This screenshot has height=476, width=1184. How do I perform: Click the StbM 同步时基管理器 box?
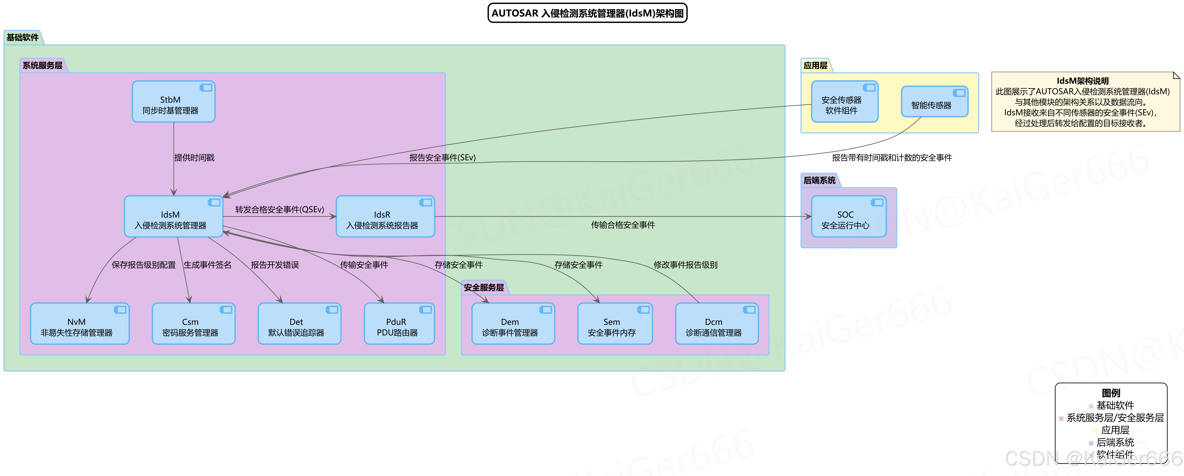click(x=173, y=102)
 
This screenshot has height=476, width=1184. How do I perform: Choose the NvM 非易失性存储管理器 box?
click(x=79, y=324)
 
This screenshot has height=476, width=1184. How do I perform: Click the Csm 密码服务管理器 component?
click(x=193, y=324)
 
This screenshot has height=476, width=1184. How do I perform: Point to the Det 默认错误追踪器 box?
click(x=299, y=324)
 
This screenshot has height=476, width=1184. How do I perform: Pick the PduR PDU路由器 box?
click(x=399, y=324)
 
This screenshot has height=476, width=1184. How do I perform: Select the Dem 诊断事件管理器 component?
click(x=513, y=324)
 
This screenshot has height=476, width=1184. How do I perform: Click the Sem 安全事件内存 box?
click(x=615, y=324)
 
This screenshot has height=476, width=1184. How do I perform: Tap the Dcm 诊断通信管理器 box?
click(x=717, y=324)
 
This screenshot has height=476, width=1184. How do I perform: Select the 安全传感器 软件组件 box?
click(x=844, y=102)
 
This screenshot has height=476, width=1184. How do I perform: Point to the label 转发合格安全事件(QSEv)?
click(x=280, y=210)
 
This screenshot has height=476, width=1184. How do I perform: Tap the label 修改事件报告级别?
click(x=685, y=265)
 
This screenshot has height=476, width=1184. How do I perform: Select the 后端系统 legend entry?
click(x=1115, y=443)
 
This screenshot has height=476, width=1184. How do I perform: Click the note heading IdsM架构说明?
click(x=1082, y=81)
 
